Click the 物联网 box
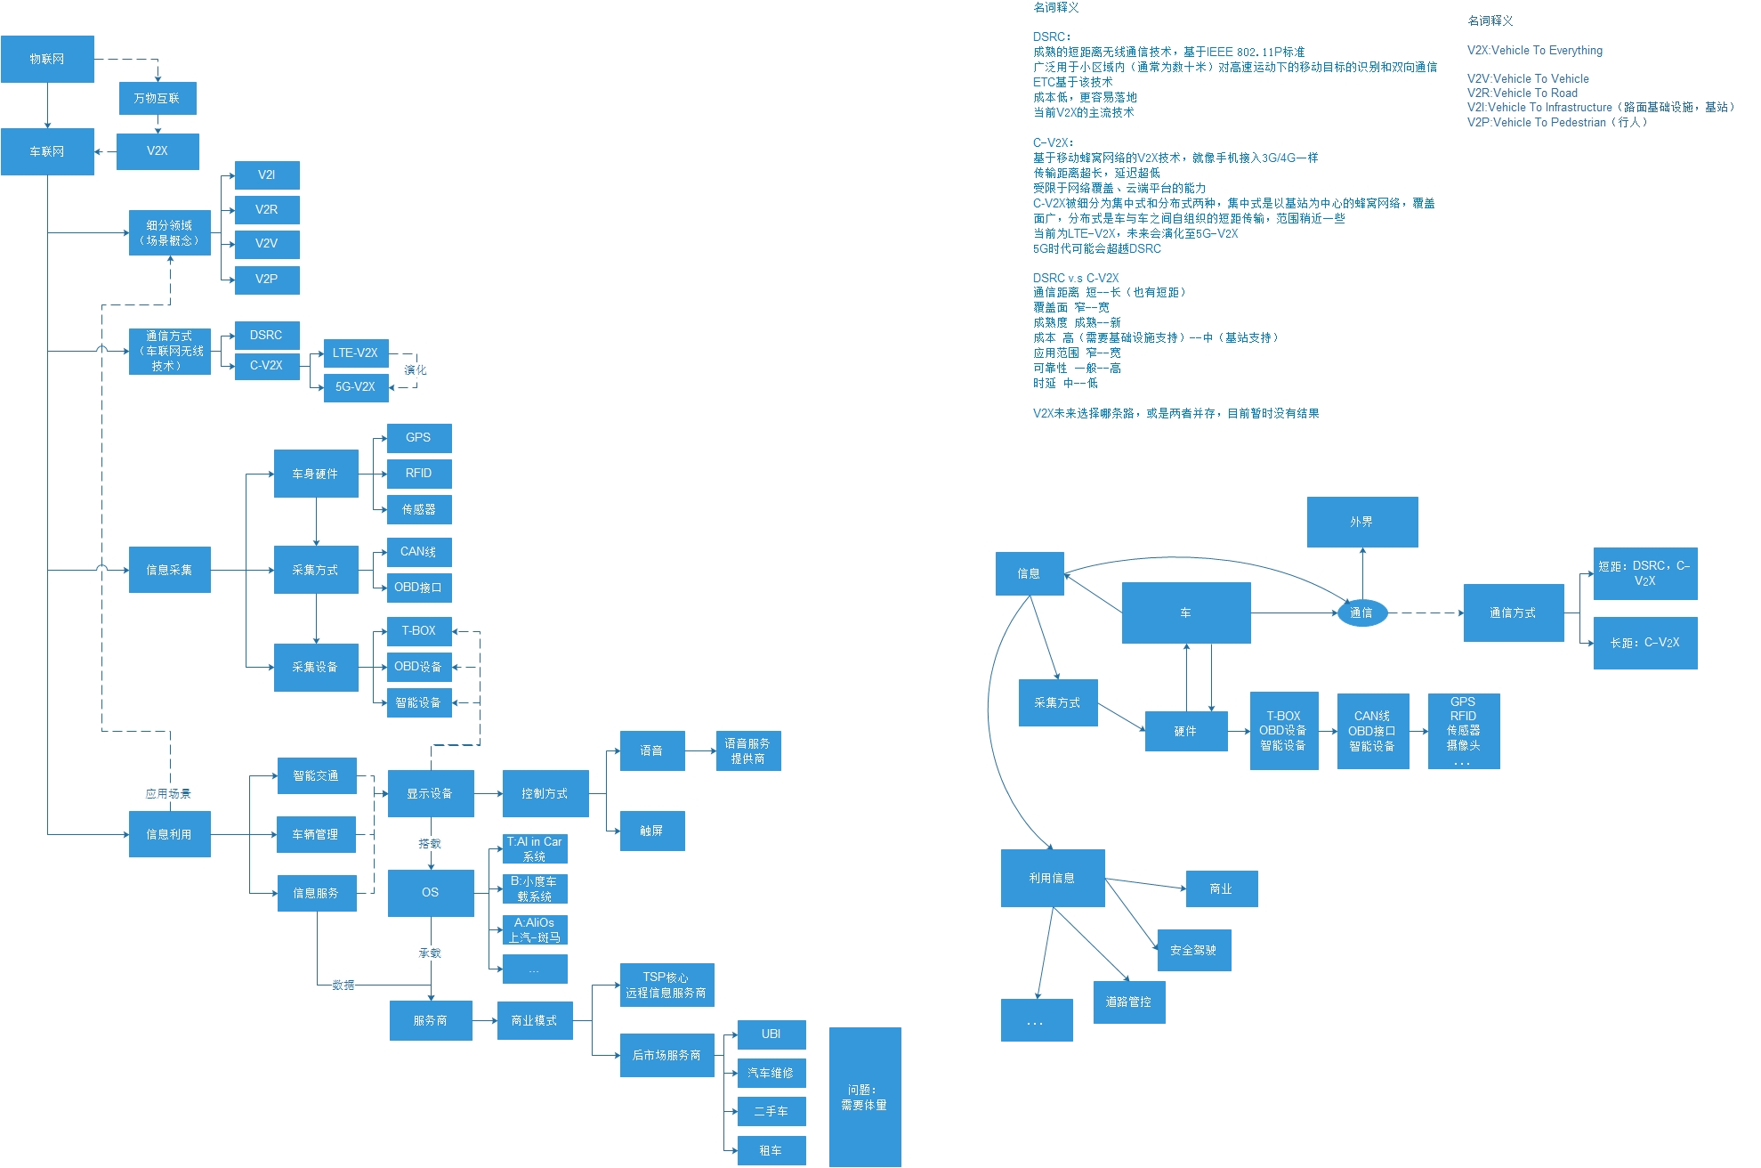[47, 59]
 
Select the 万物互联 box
[158, 98]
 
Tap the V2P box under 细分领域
[267, 279]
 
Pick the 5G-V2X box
[356, 386]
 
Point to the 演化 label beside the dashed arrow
[415, 369]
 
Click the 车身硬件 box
[316, 474]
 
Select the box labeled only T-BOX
[419, 630]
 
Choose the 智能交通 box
[317, 775]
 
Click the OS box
[431, 892]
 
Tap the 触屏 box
[652, 831]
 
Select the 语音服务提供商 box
[748, 750]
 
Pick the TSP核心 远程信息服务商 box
[666, 985]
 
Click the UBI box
[771, 1034]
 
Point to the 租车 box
[771, 1150]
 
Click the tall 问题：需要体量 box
[864, 1097]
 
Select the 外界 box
[1361, 522]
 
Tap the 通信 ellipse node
[1361, 612]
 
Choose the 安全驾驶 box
[1193, 950]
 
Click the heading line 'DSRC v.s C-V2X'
[1076, 278]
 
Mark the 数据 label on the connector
[343, 985]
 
